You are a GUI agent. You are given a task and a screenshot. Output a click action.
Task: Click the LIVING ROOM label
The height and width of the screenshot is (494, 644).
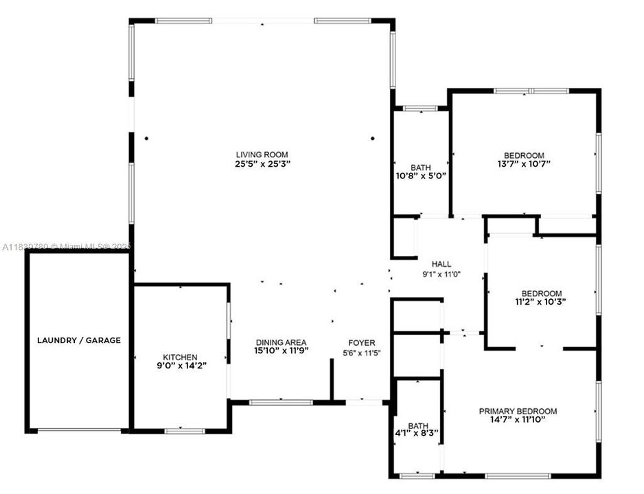click(x=262, y=155)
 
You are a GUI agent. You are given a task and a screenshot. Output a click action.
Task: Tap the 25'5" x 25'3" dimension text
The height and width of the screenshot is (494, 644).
click(x=262, y=164)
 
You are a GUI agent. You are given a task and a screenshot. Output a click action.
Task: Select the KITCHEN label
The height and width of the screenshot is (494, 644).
click(x=180, y=357)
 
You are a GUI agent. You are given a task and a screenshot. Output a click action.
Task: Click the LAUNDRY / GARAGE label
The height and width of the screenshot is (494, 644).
click(x=79, y=340)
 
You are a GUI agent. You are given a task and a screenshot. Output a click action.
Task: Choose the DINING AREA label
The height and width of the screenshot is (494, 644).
click(x=281, y=342)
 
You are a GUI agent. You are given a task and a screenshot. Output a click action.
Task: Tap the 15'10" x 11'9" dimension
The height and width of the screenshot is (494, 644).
click(x=281, y=351)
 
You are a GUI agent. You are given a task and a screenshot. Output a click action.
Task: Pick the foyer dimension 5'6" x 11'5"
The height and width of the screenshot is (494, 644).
click(x=362, y=352)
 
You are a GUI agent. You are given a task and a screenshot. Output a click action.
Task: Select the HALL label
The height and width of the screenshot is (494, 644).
click(x=441, y=264)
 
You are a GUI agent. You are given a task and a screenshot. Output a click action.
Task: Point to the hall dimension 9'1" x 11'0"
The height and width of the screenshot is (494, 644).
click(x=441, y=273)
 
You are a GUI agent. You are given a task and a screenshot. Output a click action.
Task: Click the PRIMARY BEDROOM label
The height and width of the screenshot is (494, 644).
click(x=518, y=412)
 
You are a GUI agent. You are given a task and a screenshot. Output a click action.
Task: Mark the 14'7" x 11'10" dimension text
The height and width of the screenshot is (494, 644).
click(x=518, y=420)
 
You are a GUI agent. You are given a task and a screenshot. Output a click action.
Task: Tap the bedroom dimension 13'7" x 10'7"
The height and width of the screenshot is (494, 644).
click(x=524, y=164)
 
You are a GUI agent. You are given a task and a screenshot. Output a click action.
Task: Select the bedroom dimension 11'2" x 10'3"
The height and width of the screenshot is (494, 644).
click(x=541, y=301)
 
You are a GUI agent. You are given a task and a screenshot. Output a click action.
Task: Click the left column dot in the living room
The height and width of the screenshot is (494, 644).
click(x=147, y=138)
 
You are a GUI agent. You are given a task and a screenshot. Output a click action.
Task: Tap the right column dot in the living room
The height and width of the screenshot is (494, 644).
click(x=373, y=138)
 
